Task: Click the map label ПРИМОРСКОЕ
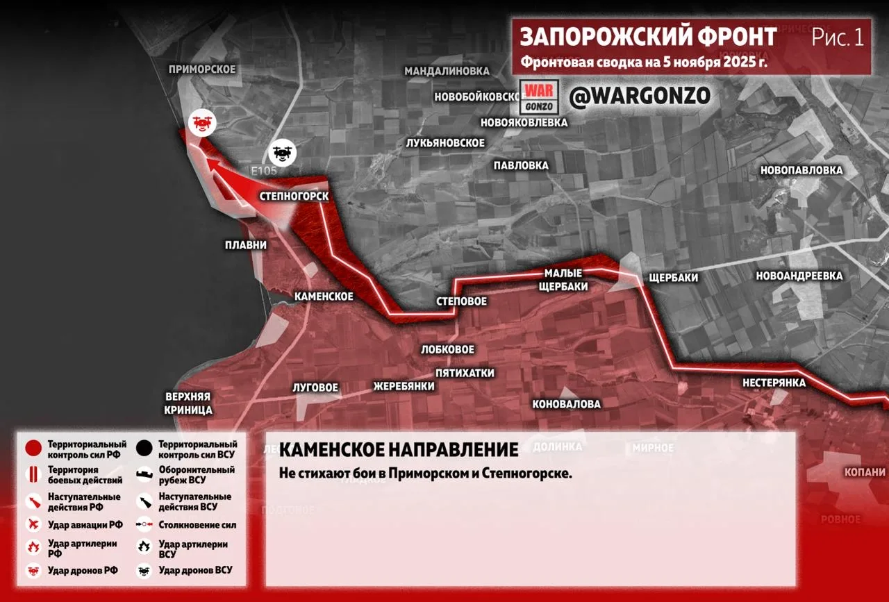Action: [202, 69]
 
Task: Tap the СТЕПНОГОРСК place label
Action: [294, 197]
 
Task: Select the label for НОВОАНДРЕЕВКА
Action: [799, 276]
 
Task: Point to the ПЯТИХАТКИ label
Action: [465, 373]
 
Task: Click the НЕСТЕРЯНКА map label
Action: [774, 383]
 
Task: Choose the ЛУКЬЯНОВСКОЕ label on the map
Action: [445, 142]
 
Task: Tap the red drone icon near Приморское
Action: [201, 123]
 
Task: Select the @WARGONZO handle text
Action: [640, 97]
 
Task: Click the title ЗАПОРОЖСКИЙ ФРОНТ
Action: [649, 37]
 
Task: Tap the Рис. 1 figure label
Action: [838, 37]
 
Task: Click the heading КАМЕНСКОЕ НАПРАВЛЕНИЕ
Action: [399, 450]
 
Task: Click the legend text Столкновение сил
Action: [197, 525]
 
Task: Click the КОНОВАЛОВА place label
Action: [567, 404]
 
